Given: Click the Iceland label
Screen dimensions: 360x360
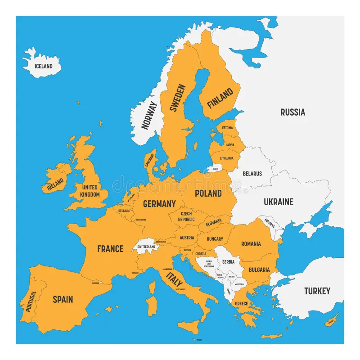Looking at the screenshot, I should (x=44, y=66).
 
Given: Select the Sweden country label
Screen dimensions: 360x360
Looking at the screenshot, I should (x=177, y=98).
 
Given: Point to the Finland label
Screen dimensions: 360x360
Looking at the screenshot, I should (x=220, y=98).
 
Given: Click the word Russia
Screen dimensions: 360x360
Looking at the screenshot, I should (x=292, y=112).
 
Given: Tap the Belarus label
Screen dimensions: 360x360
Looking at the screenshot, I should (x=252, y=173).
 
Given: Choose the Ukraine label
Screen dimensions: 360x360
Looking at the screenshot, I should (x=278, y=202).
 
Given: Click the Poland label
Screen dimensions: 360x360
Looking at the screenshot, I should (x=208, y=193).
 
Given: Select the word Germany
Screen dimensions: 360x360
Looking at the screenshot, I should (x=159, y=204).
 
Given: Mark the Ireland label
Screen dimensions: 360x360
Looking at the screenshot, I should (x=55, y=184).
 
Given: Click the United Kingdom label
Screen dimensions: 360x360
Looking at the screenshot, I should (x=90, y=191).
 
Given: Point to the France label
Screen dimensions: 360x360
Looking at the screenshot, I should (x=110, y=248).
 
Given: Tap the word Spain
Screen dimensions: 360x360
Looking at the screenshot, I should (x=63, y=299).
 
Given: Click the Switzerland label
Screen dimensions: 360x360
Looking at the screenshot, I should (x=146, y=247).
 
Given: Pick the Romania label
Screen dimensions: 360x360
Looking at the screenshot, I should (x=251, y=244).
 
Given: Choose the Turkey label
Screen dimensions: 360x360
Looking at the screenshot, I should (x=317, y=291).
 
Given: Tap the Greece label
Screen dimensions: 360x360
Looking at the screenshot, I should (x=241, y=304).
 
